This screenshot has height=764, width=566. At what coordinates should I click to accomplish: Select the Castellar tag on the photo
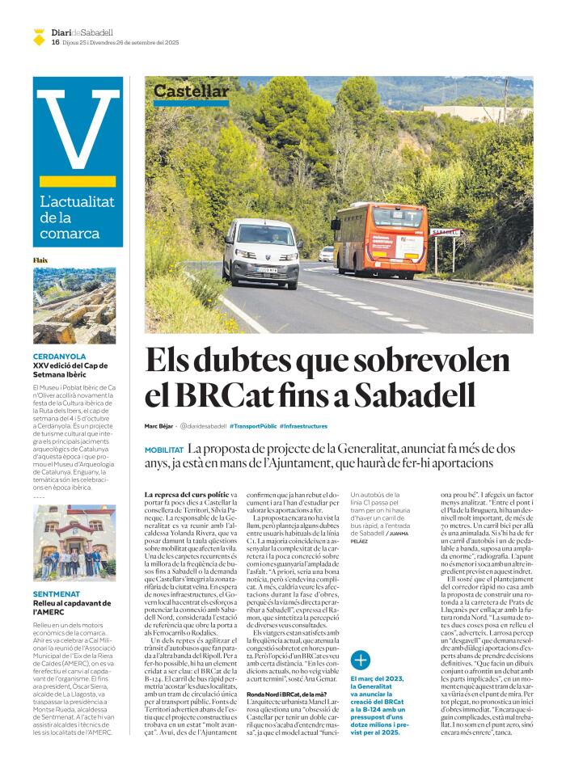click(191, 92)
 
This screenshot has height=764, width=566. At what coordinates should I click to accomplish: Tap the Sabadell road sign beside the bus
click(444, 232)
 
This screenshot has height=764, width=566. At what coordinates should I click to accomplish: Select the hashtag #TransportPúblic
click(253, 426)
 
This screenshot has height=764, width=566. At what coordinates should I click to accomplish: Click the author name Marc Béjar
click(159, 426)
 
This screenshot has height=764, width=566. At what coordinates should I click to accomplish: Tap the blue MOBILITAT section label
click(164, 450)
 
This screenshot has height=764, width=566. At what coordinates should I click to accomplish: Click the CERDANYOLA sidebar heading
click(61, 357)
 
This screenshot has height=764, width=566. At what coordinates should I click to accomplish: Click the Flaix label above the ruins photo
click(40, 260)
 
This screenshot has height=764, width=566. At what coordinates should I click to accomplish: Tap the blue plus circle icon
click(361, 659)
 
